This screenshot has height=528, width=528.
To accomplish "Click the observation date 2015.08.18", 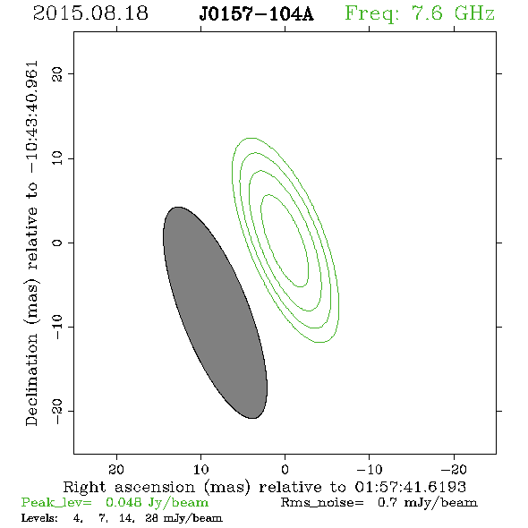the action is coord(90,13).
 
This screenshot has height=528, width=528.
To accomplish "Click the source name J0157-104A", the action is coord(256,14).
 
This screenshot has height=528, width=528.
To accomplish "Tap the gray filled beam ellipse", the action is coord(215,313).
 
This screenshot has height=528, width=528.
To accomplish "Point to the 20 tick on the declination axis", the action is coord(57,73).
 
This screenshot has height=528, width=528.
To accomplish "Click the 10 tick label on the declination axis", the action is coord(57,158).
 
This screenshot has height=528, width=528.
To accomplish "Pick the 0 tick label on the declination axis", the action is coord(57,243).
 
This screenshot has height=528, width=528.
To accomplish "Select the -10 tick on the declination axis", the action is coord(57,327).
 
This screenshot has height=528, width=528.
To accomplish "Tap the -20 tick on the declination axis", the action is coord(57,411).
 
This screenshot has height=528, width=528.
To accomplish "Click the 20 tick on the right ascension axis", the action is coord(116,469).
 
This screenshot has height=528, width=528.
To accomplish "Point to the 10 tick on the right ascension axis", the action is coord(201,469).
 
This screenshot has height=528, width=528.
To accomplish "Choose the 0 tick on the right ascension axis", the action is coord(285,469).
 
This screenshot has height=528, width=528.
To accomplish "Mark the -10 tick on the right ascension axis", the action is coord(370,469).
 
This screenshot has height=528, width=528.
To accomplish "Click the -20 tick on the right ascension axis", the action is coord(454,469).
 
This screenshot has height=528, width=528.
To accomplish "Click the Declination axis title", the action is coord(31,243).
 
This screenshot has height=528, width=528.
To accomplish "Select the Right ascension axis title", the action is coord(265,487).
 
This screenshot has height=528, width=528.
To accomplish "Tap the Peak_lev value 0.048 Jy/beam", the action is coord(157,503).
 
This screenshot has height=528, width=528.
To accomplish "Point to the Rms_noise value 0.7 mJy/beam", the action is coord(428,503).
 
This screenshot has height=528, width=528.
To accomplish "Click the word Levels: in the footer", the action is coord(39,518).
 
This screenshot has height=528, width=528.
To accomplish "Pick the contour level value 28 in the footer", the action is coord(151,518).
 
